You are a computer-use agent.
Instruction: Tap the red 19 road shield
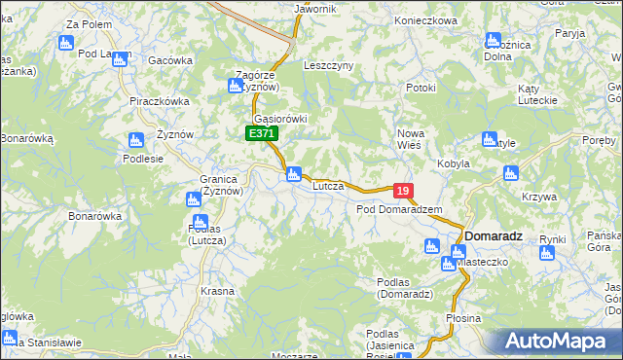point(404,191)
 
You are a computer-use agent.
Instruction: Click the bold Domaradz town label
point(495,236)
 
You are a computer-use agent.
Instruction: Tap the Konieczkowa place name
point(425,20)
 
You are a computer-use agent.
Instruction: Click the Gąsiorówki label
point(282,119)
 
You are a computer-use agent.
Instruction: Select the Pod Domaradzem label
point(399,209)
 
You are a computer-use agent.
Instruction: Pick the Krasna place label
point(218,291)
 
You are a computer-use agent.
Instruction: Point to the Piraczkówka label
point(159,100)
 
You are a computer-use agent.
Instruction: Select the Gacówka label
point(170,60)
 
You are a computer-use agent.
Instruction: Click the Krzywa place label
point(538,197)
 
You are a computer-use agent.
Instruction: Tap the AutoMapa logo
point(557,342)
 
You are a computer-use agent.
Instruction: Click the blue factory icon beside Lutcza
point(292,174)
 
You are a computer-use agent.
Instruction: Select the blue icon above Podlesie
point(135,140)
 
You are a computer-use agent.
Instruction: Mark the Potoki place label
point(420,88)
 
